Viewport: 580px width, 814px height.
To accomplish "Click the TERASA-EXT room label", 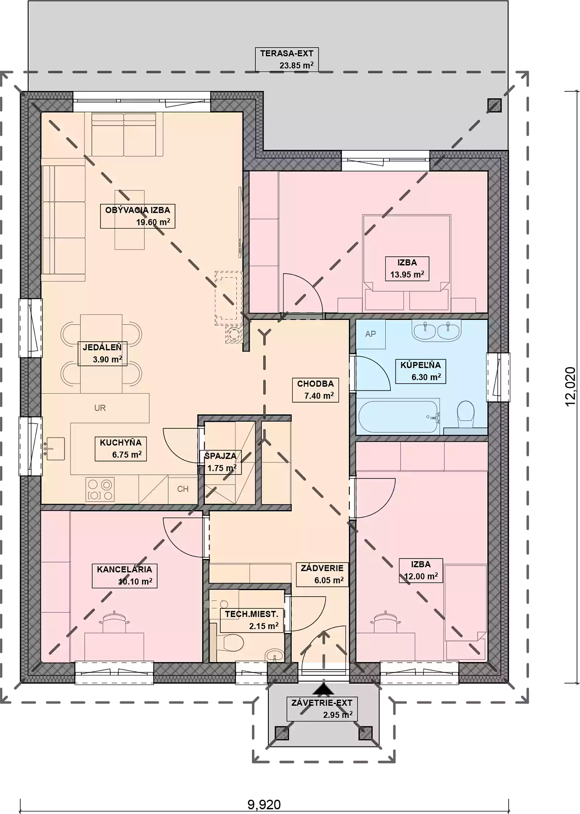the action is [286, 59].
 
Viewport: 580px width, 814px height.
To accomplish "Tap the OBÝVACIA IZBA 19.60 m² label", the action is [138, 216].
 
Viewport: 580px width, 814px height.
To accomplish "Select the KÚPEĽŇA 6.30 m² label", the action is [420, 371].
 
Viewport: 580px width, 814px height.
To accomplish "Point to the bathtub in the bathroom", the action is [399, 416].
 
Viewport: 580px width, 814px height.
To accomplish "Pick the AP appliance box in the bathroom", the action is [370, 334].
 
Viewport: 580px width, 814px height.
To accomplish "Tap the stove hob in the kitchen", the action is [100, 490].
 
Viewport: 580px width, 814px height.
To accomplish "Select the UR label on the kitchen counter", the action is [100, 408].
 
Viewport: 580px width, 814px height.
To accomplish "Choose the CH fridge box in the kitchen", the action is [183, 489].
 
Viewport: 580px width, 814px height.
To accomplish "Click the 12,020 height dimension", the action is [570, 387].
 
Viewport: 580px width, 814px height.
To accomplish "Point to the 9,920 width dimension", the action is [264, 805].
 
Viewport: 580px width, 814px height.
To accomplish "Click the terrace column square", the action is [494, 105].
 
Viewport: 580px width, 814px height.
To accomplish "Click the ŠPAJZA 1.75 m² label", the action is [220, 462].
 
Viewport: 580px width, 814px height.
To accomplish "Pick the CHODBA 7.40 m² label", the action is [315, 390].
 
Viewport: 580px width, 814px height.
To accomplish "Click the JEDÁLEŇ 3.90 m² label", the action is [103, 353].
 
